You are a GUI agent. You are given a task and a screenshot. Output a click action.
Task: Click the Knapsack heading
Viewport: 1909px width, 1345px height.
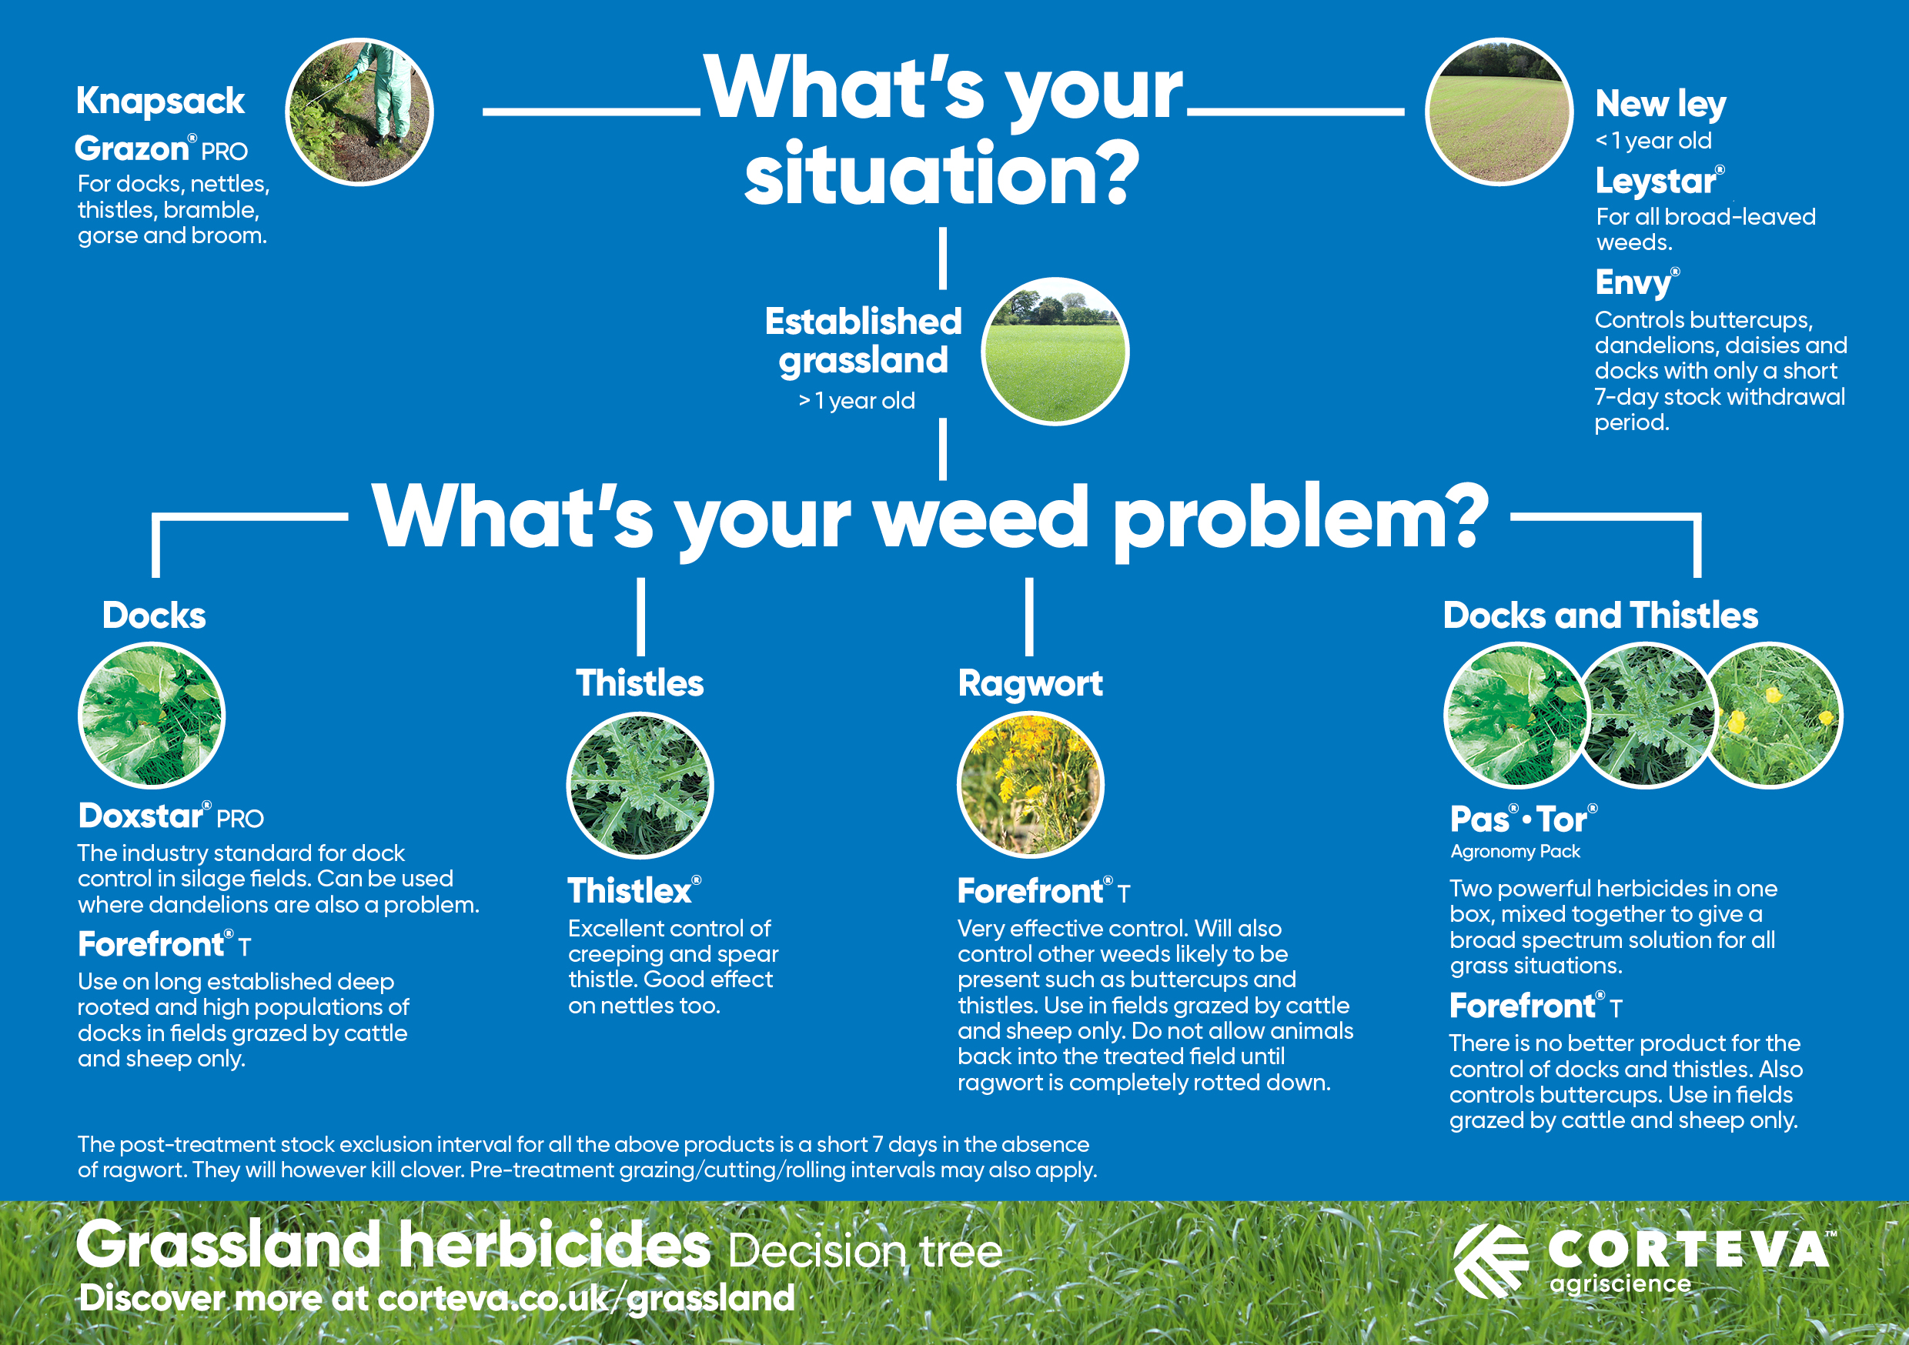[x=159, y=102]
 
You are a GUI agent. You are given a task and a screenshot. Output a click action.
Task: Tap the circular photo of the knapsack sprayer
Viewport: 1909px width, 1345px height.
[x=359, y=112]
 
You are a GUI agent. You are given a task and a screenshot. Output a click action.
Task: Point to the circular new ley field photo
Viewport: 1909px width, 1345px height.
[x=1499, y=112]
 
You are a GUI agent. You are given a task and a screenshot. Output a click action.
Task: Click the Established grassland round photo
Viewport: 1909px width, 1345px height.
[x=1055, y=351]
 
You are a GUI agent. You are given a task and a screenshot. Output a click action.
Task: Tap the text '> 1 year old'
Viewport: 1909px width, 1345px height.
[x=857, y=401]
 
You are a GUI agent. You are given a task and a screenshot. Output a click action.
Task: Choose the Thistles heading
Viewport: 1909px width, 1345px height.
[x=640, y=683]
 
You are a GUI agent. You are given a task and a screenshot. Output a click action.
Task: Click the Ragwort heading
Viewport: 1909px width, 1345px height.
[x=1030, y=684]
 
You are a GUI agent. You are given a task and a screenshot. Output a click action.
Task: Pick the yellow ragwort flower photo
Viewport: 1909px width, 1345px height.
[x=1031, y=785]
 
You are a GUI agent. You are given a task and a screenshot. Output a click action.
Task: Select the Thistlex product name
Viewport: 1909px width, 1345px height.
[x=634, y=891]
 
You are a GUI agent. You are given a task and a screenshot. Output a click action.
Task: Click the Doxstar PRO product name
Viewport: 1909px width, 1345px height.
[x=170, y=816]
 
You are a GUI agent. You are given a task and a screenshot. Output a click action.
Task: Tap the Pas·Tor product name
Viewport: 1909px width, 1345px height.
[x=1523, y=819]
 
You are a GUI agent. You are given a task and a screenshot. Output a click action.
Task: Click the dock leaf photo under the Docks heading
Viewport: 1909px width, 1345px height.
[x=152, y=715]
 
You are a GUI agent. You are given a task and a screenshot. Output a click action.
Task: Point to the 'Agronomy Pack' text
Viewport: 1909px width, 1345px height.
[x=1515, y=852]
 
